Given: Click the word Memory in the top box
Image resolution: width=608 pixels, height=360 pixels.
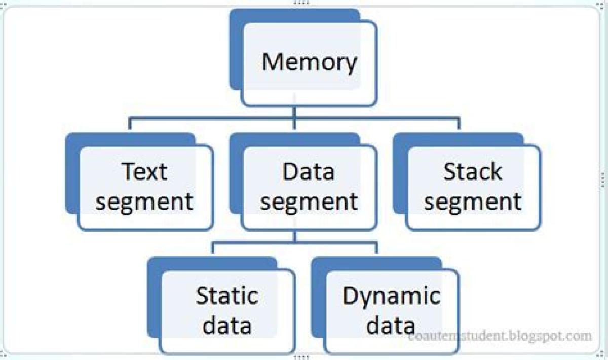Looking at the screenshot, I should pos(309,62).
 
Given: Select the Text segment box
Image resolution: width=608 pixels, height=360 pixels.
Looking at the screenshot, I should pos(145,187).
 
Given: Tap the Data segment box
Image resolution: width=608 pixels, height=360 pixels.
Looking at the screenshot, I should pos(309,187).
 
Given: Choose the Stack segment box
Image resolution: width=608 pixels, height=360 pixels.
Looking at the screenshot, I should pos(473,187).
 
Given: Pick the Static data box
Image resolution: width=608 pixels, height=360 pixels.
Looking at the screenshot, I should pos(227,311).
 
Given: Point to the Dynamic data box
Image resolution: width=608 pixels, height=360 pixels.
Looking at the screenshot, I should pos(391,311).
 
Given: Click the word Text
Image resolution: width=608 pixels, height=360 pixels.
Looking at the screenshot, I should pos(144,172).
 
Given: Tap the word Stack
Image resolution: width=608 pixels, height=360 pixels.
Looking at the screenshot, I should pos(473,172).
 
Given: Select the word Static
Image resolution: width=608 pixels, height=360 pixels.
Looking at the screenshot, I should pos(227,296).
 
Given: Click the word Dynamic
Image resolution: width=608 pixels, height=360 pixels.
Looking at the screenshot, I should pos(391,296).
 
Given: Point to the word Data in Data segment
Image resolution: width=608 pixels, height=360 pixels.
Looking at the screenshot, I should pos(309,172).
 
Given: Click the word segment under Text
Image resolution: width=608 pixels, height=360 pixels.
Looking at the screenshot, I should pos(145,202).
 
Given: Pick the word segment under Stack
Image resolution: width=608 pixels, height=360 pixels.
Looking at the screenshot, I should pos(473,202).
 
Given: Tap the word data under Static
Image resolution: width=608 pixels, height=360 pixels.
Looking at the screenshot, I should pos(227,326).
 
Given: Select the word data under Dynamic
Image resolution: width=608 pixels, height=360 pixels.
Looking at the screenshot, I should pos(391,326).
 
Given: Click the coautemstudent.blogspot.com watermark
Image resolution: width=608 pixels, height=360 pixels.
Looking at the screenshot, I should pos(500,336).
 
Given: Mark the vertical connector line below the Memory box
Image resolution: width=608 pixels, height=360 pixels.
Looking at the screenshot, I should pos(295,112).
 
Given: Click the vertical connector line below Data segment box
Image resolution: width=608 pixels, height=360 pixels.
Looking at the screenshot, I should pos(295,236).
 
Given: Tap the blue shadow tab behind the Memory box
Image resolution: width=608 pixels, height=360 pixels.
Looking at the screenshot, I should pos(236,51).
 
